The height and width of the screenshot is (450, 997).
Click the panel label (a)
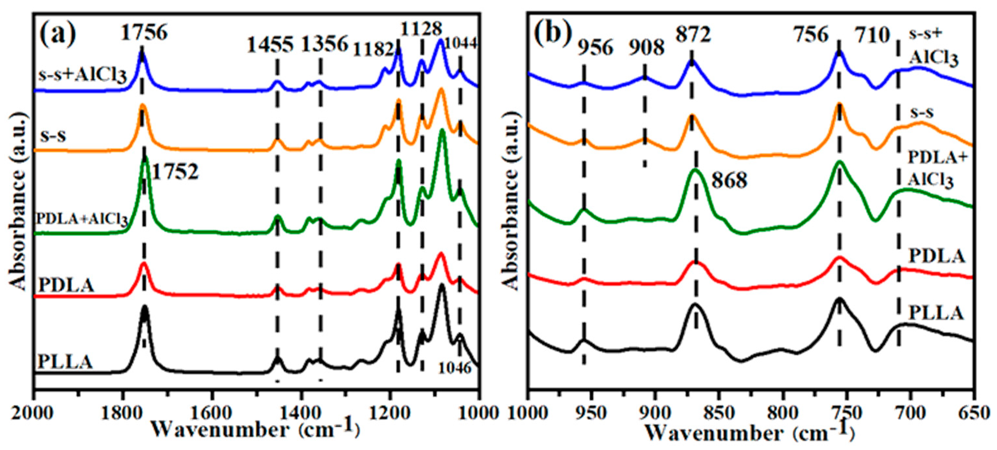[59, 34]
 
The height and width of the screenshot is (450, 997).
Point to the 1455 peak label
[270, 46]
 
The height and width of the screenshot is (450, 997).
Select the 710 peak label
[872, 36]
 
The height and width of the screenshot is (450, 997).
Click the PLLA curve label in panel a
[65, 362]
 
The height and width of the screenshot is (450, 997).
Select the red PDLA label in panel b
[936, 256]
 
